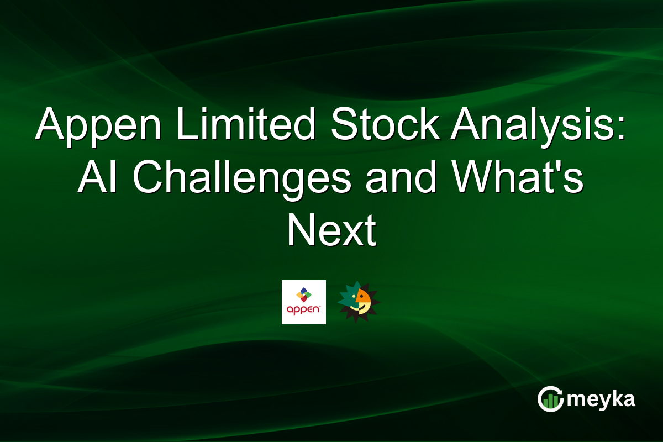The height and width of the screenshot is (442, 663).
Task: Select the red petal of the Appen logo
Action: [x=303, y=299]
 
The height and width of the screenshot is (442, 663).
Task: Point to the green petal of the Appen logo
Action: [x=308, y=294]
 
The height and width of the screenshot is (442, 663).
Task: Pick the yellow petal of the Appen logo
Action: [x=299, y=294]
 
